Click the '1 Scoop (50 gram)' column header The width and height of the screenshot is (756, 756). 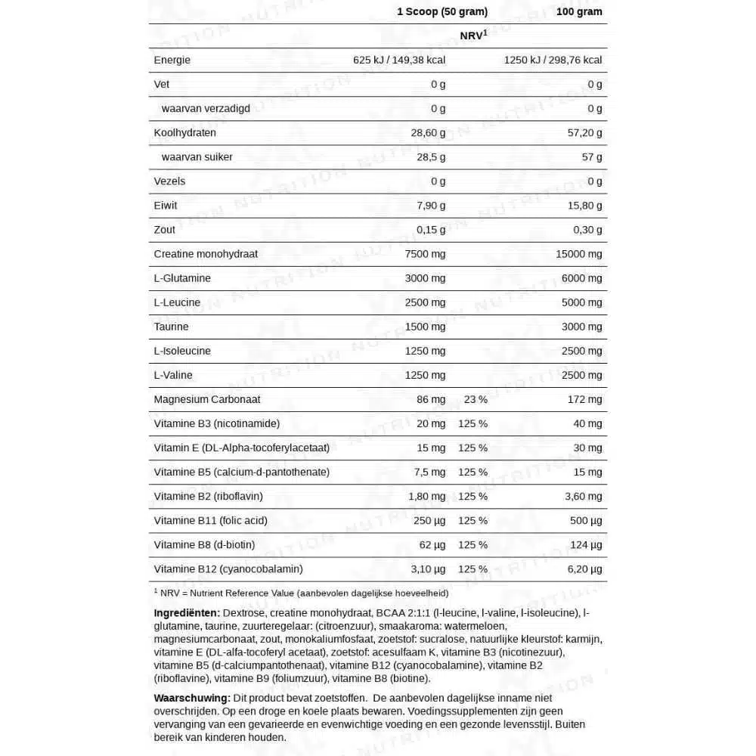(x=442, y=11)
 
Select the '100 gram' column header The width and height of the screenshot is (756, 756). (x=578, y=11)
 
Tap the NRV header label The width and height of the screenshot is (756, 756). (x=473, y=36)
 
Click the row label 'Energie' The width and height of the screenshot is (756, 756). (x=172, y=60)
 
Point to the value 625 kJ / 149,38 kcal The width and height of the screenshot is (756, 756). (x=399, y=60)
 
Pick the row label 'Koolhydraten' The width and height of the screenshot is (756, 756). (x=185, y=132)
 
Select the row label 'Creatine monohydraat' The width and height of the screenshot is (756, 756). (x=206, y=253)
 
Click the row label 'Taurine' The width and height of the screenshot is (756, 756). (x=172, y=326)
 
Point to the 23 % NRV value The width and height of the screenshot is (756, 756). (x=475, y=399)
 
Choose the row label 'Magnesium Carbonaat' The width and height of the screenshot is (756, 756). (x=207, y=399)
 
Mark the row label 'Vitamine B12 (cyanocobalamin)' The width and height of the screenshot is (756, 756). (x=228, y=569)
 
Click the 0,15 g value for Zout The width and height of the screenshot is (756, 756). (x=431, y=229)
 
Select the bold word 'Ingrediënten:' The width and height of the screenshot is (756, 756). (x=187, y=612)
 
